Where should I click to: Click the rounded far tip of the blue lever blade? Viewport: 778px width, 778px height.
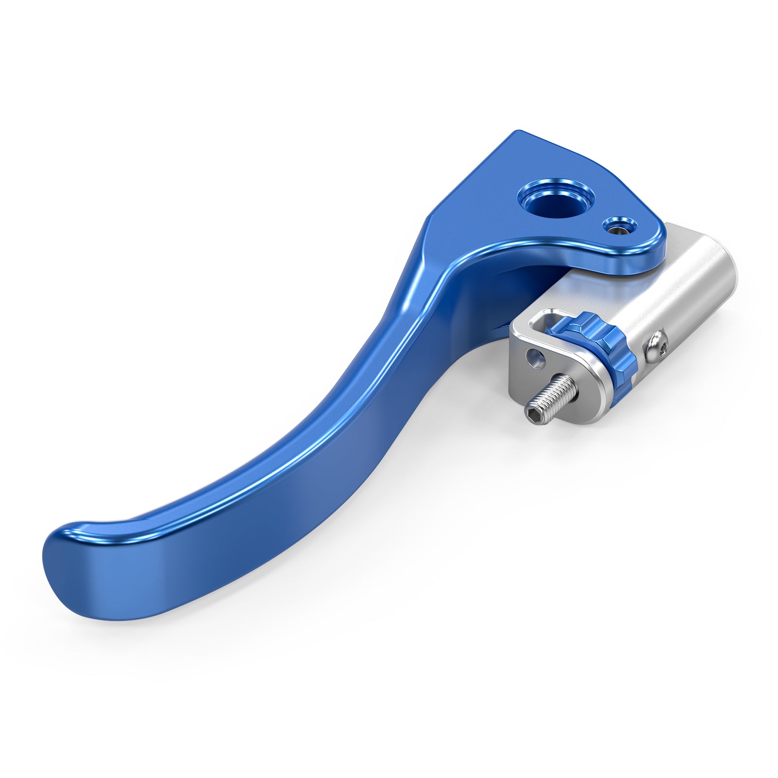click(x=58, y=559)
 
